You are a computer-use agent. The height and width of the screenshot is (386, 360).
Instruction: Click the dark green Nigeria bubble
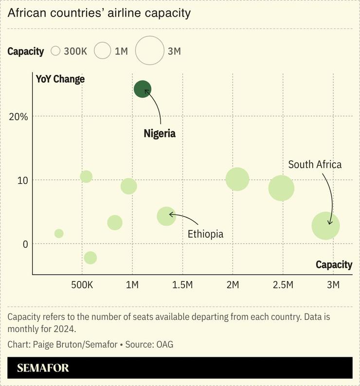click(x=143, y=89)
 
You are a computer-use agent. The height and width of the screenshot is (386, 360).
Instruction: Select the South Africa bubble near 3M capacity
click(x=325, y=226)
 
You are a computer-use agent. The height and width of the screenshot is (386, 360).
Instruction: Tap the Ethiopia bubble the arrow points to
click(x=166, y=215)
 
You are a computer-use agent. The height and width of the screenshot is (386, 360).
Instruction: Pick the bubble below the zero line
click(x=90, y=258)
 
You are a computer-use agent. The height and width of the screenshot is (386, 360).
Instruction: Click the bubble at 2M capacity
click(x=237, y=179)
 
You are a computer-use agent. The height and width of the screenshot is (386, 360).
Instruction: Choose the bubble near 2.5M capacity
click(x=281, y=188)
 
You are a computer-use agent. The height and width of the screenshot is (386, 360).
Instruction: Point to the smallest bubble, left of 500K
click(x=59, y=233)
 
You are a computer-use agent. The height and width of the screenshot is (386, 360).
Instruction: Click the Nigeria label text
click(x=160, y=133)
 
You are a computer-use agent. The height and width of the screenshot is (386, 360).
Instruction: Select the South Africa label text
click(x=315, y=164)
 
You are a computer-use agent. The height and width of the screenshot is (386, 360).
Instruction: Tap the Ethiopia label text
click(x=205, y=234)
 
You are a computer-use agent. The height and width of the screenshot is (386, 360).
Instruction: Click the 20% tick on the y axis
click(x=18, y=117)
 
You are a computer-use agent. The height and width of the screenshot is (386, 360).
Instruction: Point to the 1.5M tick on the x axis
click(x=182, y=285)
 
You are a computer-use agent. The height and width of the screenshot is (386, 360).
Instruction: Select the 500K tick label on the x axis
click(x=82, y=285)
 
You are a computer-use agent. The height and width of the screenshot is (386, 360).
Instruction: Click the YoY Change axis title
click(x=60, y=79)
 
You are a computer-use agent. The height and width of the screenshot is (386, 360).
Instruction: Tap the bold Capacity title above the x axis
click(x=334, y=264)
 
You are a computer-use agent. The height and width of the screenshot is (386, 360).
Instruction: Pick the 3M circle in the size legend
click(x=149, y=51)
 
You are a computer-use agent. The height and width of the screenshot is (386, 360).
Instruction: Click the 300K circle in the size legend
click(x=55, y=51)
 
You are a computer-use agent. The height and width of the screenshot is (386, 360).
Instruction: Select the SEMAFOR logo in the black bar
click(x=43, y=368)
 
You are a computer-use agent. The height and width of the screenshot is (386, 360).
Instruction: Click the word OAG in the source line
click(x=164, y=344)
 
